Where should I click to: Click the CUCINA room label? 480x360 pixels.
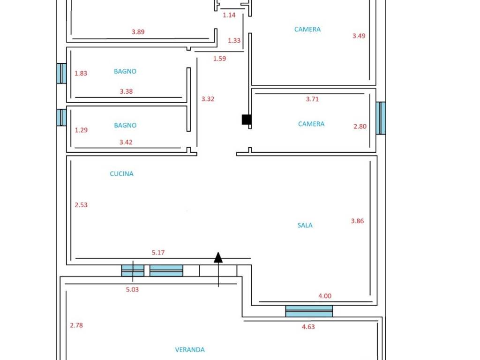click(121, 174)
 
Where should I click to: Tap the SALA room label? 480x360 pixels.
click(305, 225)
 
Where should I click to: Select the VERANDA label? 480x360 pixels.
click(190, 350)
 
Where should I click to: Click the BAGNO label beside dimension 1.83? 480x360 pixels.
click(125, 71)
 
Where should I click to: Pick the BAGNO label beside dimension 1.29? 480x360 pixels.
click(125, 125)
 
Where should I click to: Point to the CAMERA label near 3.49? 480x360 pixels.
click(307, 30)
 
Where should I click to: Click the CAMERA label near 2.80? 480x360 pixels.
click(311, 124)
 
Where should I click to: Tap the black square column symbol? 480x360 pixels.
click(247, 120)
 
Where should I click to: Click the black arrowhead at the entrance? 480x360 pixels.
click(218, 257)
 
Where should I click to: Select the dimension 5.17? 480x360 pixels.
click(158, 253)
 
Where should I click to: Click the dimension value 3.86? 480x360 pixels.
click(357, 221)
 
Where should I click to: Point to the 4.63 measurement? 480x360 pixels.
click(308, 327)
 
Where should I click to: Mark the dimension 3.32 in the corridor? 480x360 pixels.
click(208, 99)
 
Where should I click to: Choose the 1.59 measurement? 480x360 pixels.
click(219, 59)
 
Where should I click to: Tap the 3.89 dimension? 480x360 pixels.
click(138, 32)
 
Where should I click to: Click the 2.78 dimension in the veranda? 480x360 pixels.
click(76, 325)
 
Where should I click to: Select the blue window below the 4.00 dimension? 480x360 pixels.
click(309, 311)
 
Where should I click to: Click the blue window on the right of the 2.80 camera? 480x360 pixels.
click(381, 118)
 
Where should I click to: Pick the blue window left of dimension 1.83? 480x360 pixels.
click(61, 74)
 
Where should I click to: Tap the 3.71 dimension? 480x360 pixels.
click(312, 99)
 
